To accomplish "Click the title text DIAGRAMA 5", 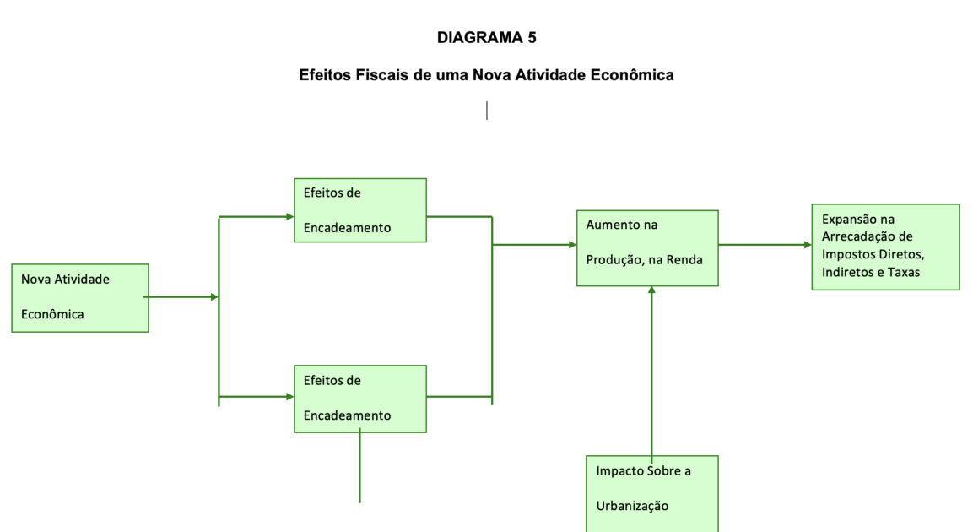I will coord(486,37).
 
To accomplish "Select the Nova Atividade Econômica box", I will coord(80,297).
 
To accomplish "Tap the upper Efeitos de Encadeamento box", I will coord(359,210).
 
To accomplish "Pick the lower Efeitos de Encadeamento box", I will coord(359,398).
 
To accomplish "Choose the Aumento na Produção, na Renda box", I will coord(647,248).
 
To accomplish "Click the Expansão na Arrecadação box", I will coord(885,247).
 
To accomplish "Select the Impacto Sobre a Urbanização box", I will coord(651,493).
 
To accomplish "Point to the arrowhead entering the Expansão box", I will coord(807,245).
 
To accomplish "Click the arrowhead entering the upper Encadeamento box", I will coord(289,217).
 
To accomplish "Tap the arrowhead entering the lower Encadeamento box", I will coord(289,396).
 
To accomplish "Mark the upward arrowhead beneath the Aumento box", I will coord(651,290).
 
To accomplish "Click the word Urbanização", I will coord(632,506).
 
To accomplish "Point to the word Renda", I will coord(684,259).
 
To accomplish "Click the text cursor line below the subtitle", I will coord(486,111).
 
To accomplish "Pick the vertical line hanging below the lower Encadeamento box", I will coord(359,469).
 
